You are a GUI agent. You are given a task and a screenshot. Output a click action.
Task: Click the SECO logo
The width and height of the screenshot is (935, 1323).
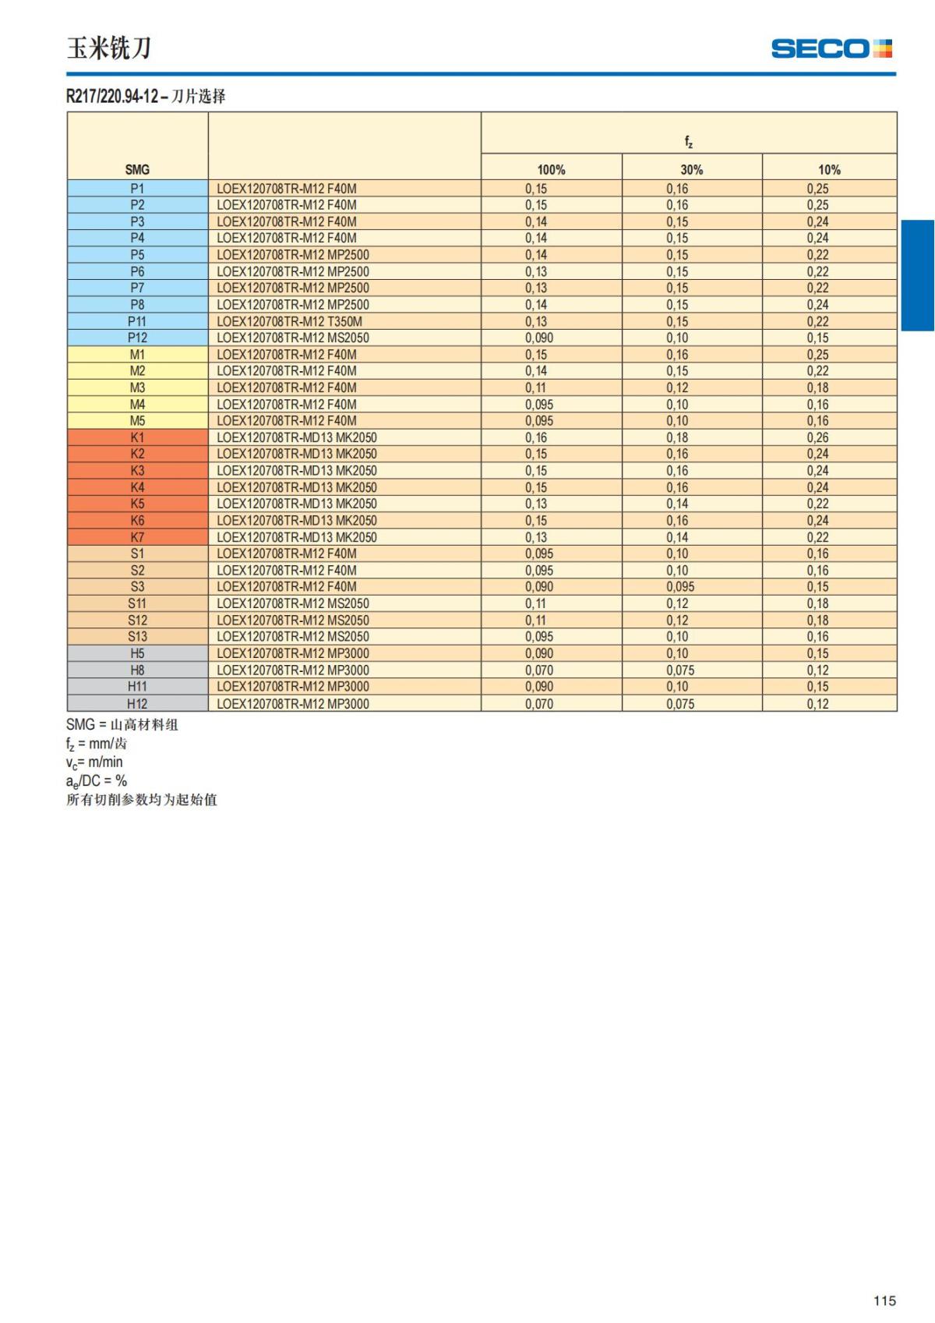coord(831,48)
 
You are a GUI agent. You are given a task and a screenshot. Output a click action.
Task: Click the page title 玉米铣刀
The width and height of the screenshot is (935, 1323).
coord(109,48)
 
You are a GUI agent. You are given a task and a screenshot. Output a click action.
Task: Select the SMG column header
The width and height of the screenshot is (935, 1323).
coord(137,169)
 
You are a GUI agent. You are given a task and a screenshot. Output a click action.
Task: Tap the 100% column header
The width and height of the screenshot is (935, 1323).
coord(551,169)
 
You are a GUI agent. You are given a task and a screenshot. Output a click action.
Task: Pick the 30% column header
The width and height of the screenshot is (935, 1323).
coord(691,169)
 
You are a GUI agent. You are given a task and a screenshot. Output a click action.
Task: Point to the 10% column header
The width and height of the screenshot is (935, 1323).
coord(829,169)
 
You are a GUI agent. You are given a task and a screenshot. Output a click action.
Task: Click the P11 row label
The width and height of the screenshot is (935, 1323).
coord(137,321)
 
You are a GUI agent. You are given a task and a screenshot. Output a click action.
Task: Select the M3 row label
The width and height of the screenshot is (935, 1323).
coord(137,387)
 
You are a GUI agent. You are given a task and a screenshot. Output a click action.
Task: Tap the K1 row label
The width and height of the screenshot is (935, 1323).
coord(137,437)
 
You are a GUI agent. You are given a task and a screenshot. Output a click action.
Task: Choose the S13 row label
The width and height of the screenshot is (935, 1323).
coord(137,636)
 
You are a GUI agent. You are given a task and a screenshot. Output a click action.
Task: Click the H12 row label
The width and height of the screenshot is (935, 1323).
coord(137,703)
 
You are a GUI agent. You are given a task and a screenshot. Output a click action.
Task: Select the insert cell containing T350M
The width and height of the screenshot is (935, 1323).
coord(289,321)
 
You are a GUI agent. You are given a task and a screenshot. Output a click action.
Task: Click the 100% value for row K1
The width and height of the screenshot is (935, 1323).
coord(536,437)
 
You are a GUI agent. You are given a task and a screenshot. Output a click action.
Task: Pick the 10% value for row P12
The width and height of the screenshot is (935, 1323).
coord(817,338)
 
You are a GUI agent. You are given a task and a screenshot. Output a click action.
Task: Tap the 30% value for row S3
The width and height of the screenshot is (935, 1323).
coord(680,586)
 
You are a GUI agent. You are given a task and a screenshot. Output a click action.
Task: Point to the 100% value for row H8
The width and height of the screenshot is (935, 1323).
coord(539,670)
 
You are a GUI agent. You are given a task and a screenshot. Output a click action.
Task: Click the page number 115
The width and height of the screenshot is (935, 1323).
coord(884,1300)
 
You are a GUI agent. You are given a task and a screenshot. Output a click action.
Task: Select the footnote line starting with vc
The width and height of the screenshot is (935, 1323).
coord(94,762)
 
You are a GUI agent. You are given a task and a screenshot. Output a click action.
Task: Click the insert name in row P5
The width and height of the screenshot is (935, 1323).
coord(293,255)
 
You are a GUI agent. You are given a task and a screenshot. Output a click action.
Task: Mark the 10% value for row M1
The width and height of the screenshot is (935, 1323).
coord(817,355)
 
